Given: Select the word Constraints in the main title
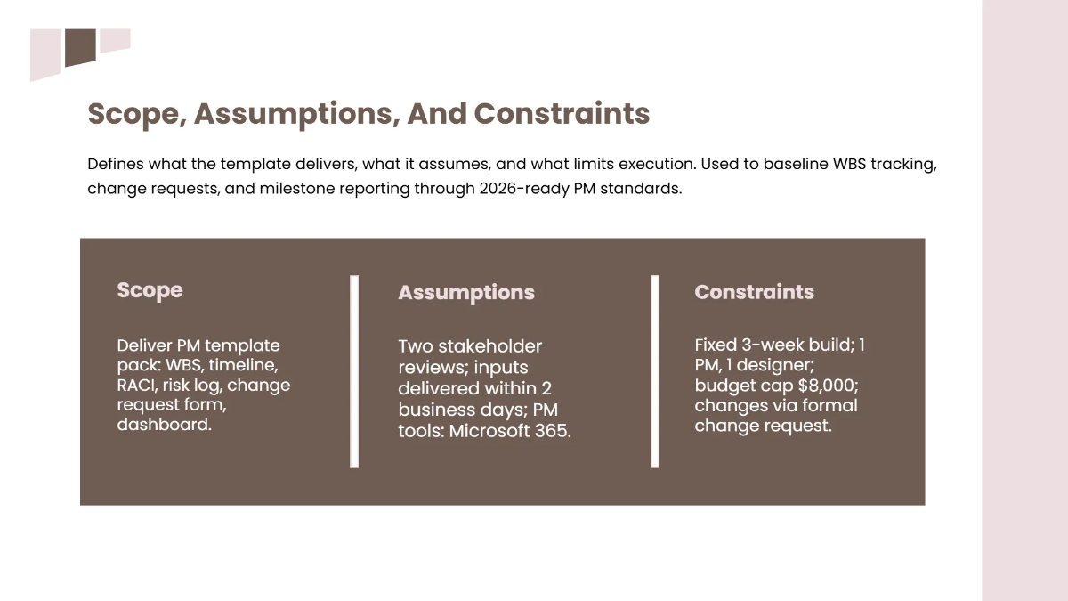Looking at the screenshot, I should coord(562,114).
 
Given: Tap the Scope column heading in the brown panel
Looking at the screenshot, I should coord(150,290).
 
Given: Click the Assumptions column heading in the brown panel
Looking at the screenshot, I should coord(465,293).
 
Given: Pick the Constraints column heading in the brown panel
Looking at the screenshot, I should coord(754,292).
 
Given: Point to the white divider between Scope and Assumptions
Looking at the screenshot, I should coord(354,371).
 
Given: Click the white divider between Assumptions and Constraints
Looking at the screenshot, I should coord(655,371).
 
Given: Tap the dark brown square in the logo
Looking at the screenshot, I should coord(80,46).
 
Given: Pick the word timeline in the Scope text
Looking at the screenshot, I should coord(243,366).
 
